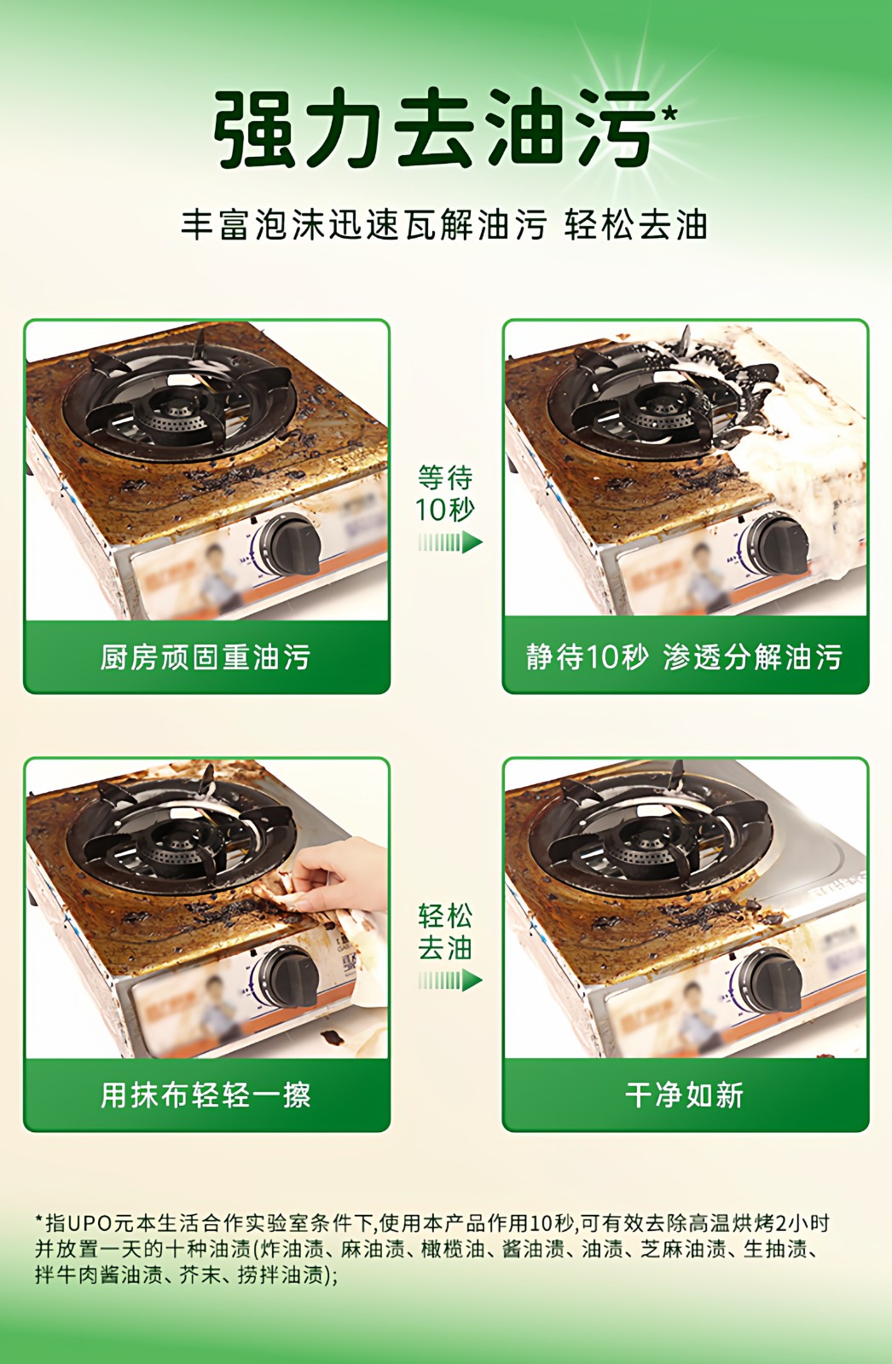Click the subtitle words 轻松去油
click(x=635, y=225)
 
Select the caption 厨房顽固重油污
click(x=206, y=657)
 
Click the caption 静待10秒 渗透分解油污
click(x=684, y=657)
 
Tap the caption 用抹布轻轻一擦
click(x=206, y=1095)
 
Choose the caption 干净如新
click(x=684, y=1095)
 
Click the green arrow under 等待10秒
click(x=450, y=542)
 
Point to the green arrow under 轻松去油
click(x=450, y=980)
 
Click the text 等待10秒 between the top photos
click(x=445, y=494)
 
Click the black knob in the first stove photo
click(x=287, y=545)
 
